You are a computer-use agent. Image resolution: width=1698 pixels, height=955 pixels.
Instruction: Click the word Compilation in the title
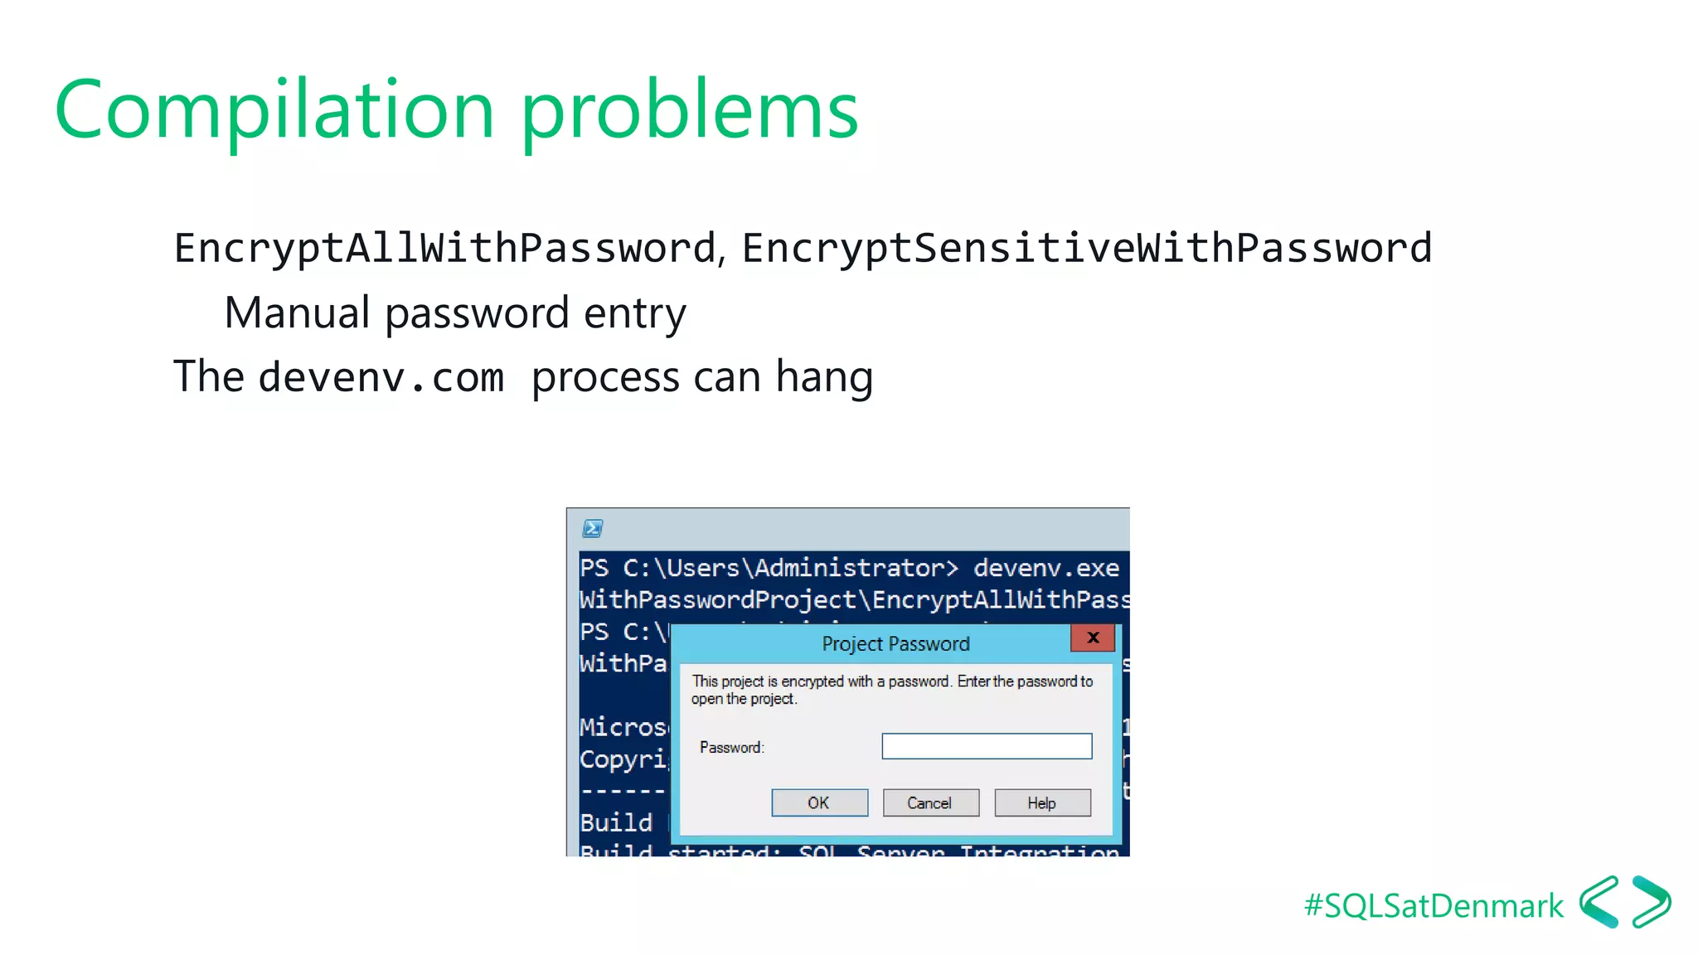point(274,110)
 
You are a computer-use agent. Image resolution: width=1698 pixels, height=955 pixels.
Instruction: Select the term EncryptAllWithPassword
point(444,248)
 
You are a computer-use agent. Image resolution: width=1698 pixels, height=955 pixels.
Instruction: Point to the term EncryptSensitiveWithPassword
point(1086,248)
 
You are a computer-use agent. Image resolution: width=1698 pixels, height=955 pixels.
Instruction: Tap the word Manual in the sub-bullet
point(297,313)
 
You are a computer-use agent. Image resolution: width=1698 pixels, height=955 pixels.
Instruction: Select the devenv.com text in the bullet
point(381,378)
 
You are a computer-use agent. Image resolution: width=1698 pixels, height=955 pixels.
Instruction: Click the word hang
point(824,377)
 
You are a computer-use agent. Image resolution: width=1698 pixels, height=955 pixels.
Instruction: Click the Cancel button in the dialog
point(930,802)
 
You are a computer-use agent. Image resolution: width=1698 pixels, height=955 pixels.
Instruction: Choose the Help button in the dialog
point(1042,802)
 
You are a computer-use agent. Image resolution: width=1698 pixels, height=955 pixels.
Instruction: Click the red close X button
point(1093,637)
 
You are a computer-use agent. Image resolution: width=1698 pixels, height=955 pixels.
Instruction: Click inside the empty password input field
point(987,746)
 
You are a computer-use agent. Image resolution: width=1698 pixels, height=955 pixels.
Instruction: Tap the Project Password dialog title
point(895,644)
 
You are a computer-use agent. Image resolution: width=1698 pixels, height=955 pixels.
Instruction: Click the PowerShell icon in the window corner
point(593,528)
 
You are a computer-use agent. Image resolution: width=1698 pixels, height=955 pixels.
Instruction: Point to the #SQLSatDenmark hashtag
point(1434,906)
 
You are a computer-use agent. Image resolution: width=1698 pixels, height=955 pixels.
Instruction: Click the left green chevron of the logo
point(1598,902)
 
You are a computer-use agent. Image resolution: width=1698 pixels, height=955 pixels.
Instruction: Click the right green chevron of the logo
point(1652,902)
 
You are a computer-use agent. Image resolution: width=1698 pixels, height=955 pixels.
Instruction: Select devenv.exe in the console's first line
point(1045,568)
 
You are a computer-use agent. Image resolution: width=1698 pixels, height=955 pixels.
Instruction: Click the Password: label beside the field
point(731,747)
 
